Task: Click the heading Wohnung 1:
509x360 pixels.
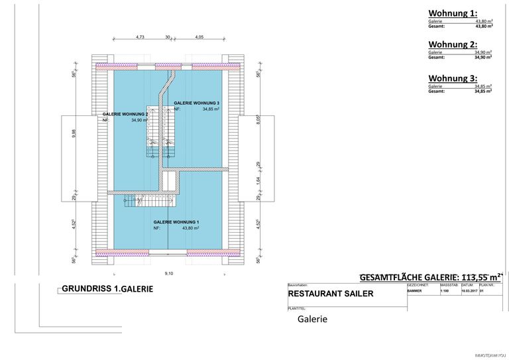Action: pos(452,13)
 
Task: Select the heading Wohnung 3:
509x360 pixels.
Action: pos(452,78)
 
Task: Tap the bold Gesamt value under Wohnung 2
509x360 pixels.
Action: pos(483,58)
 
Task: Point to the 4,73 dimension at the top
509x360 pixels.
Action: pos(140,37)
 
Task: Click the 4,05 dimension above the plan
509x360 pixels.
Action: pos(199,37)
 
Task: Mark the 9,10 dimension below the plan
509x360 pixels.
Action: pos(168,273)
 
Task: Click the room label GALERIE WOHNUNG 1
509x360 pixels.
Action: pos(176,222)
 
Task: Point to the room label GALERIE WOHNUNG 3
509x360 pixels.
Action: pos(196,103)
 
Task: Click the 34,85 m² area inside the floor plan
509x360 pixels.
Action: pos(211,109)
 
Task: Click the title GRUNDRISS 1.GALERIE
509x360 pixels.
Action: pos(107,289)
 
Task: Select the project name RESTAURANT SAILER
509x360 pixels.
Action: pos(331,294)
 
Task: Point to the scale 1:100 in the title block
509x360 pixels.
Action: pos(445,290)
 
